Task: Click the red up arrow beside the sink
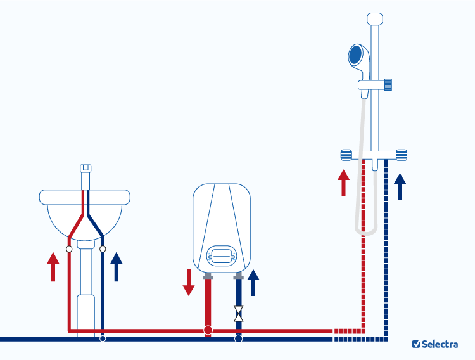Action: coord(53,266)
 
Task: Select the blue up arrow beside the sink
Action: coord(116,266)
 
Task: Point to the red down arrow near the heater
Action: coord(189,282)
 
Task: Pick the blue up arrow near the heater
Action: coord(254,283)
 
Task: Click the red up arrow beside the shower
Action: coord(343,183)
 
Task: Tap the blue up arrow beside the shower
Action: coord(400,186)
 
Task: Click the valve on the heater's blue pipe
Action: coord(238,312)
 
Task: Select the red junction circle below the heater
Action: coord(208,330)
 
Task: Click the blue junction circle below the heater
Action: coord(238,339)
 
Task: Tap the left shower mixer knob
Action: coord(346,154)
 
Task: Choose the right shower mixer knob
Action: coord(401,154)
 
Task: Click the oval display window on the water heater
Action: coord(222,255)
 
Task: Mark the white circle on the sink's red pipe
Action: coord(68,249)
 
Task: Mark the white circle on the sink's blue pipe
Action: coord(103,249)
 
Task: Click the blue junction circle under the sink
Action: coord(103,339)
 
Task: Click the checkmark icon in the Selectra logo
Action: coord(416,344)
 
